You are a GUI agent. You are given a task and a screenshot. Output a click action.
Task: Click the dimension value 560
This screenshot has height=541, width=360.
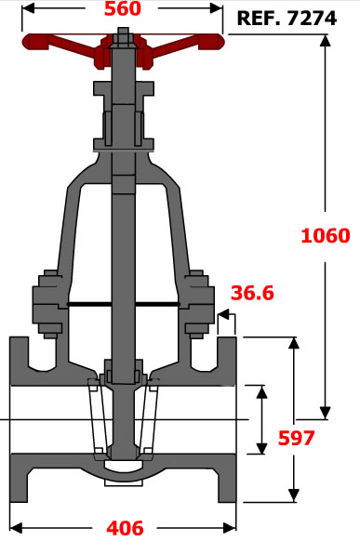pos(123,8)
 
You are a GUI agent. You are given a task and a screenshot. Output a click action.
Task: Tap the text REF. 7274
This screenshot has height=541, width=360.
pos(287,19)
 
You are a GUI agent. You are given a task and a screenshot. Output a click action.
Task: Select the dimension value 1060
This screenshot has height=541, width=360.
pos(326,236)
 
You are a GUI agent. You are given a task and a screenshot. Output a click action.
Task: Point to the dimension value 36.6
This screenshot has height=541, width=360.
pos(252,293)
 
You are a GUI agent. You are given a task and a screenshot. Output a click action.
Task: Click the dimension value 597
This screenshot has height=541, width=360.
pos(297,438)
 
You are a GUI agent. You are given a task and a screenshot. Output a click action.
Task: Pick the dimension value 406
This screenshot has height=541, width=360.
pos(125,528)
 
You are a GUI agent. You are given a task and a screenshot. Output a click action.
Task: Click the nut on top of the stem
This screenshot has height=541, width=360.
pos(123,37)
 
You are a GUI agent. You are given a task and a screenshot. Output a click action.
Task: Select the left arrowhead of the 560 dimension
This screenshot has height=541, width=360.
pos(28,8)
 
